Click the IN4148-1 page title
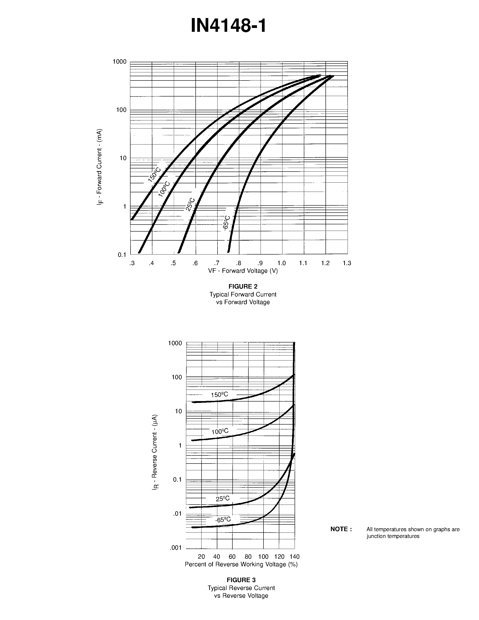[x=229, y=25]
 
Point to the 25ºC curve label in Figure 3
[x=223, y=498]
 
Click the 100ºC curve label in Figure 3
[x=220, y=432]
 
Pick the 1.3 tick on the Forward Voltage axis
[x=347, y=263]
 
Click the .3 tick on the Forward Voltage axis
[x=132, y=263]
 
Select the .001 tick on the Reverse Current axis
[x=176, y=548]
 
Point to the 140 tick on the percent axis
[x=295, y=556]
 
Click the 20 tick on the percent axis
[x=202, y=556]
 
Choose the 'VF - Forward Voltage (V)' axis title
[x=243, y=271]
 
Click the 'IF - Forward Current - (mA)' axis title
[x=99, y=167]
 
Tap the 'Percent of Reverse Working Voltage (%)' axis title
[x=241, y=564]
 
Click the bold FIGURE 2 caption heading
[x=243, y=286]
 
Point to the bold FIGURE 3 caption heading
[x=241, y=580]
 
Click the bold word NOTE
[x=341, y=529]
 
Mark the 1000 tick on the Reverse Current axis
[x=175, y=343]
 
